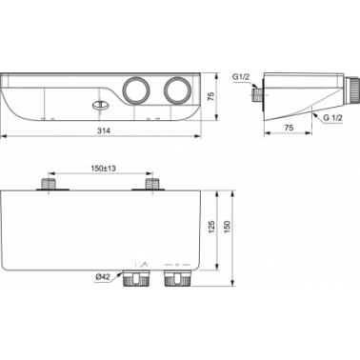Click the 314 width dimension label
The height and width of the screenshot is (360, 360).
104,130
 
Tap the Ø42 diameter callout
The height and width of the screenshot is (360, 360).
102,277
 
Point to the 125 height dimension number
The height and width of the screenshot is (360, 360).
212,227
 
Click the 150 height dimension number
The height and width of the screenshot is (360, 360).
228,227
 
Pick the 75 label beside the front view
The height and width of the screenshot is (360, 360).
211,96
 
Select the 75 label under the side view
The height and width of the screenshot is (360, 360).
289,128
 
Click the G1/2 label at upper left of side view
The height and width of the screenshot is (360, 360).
241,77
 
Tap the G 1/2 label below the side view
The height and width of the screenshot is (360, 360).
333,118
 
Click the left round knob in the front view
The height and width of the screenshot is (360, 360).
136,90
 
